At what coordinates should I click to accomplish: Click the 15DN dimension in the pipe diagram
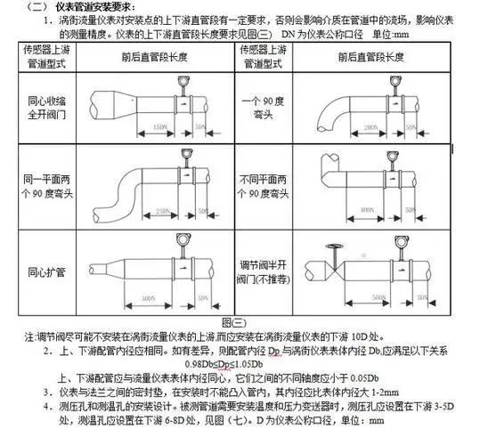click(x=160, y=130)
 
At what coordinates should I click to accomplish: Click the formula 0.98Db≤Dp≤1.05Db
click(x=225, y=365)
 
